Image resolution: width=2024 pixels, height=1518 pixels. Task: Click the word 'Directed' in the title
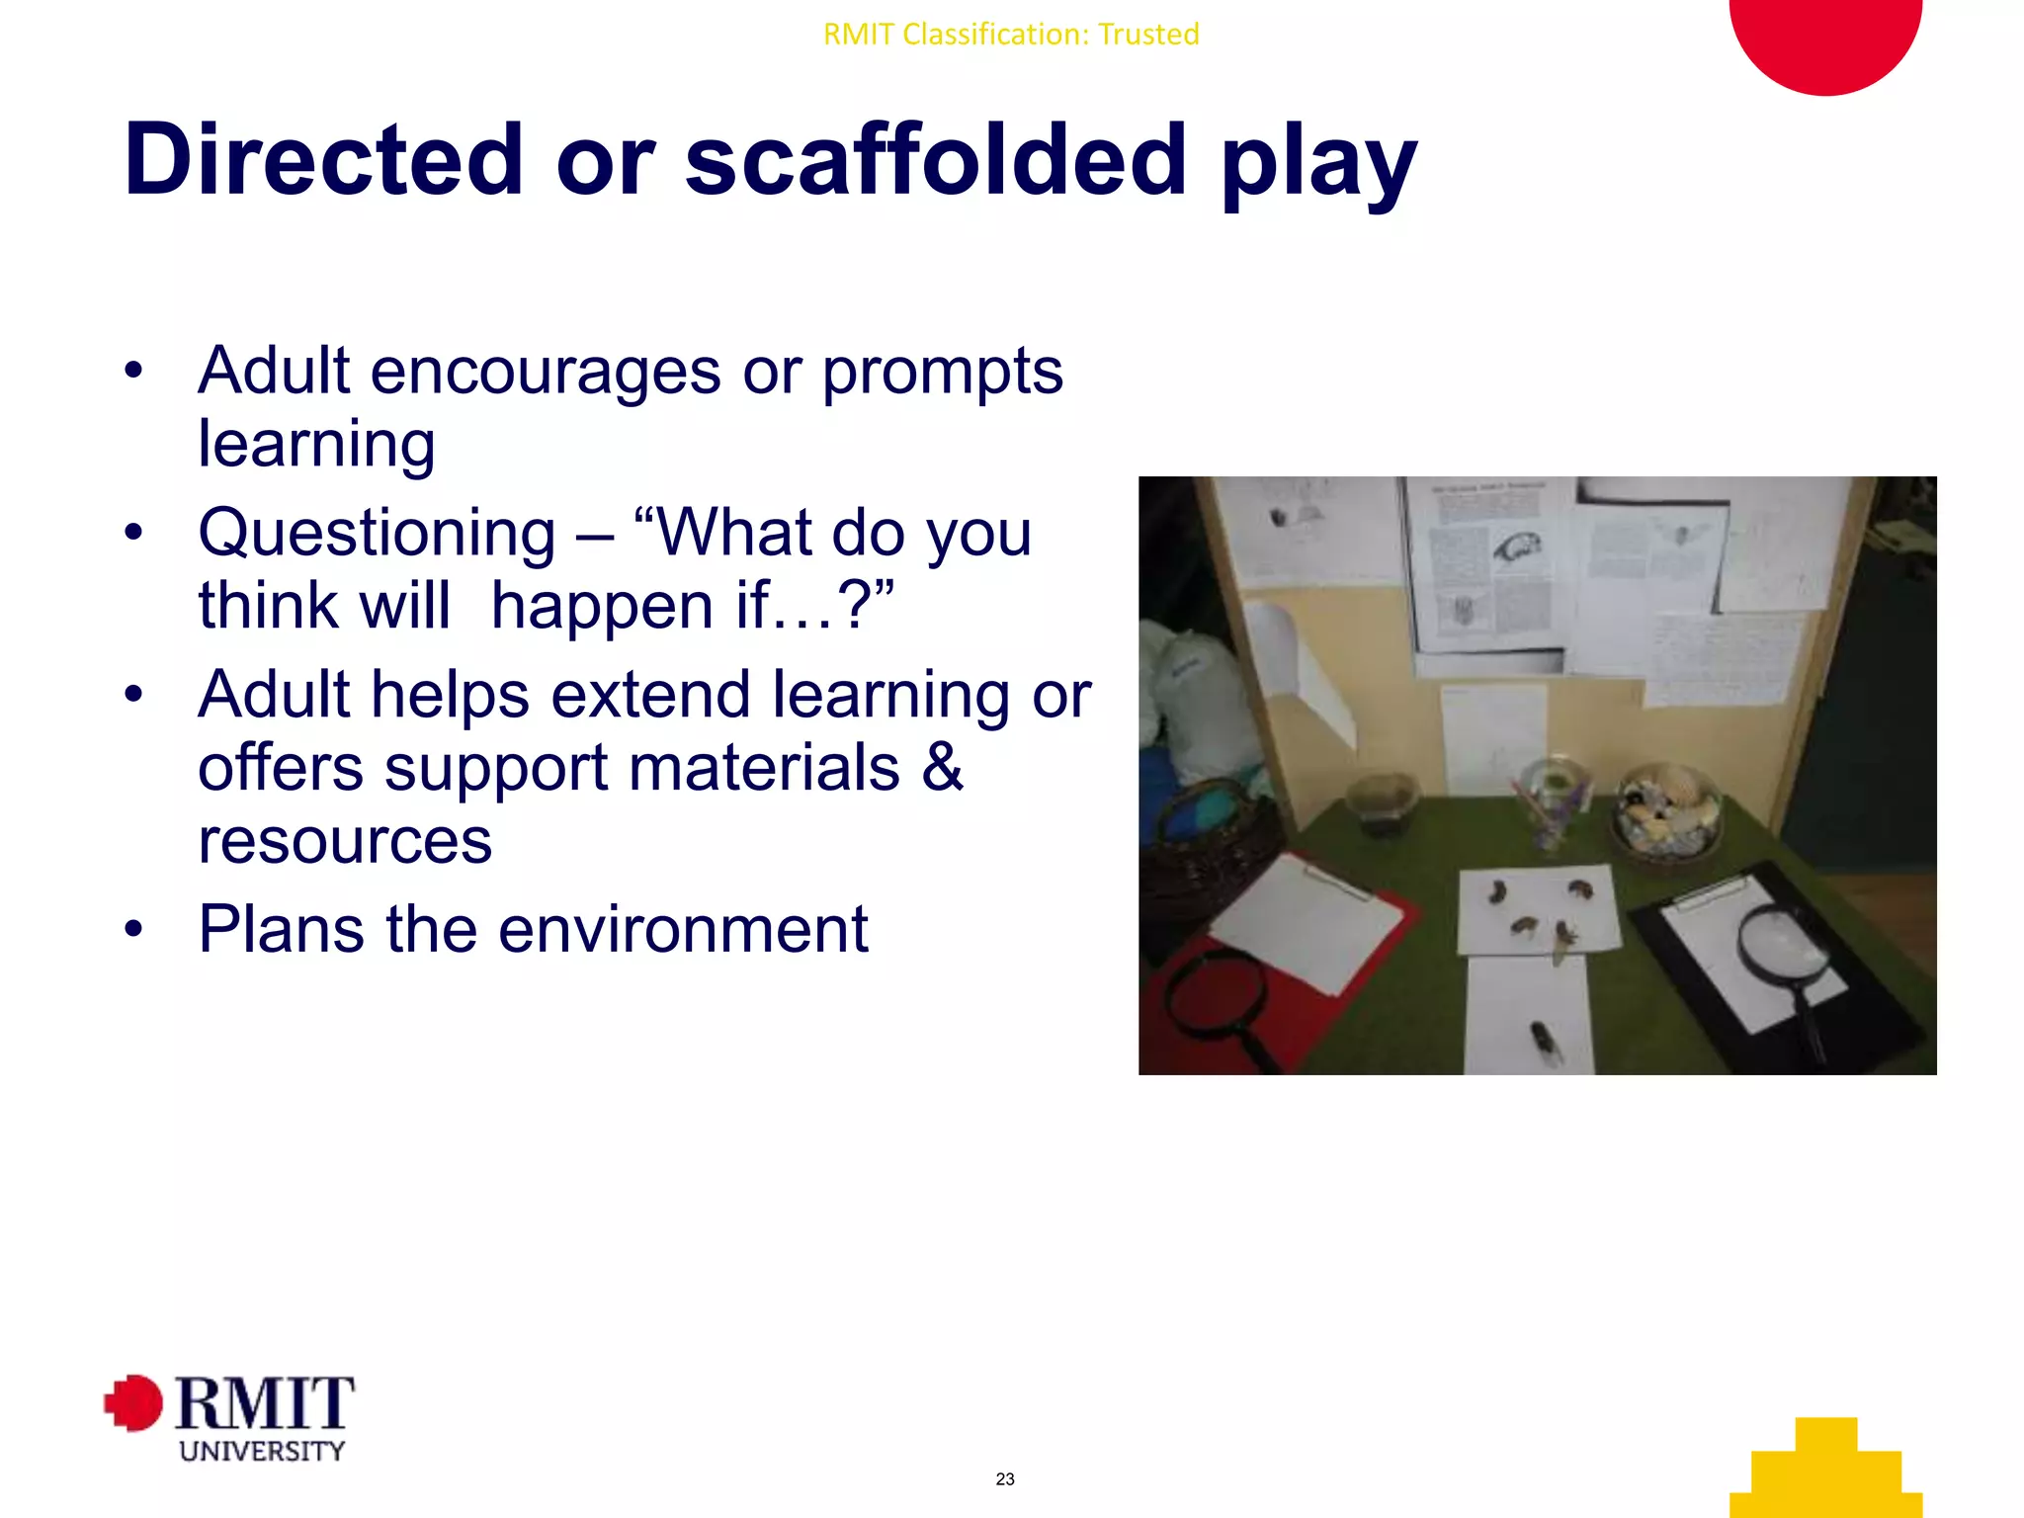pos(323,159)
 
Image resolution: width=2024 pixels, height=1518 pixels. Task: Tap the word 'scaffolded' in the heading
pos(935,159)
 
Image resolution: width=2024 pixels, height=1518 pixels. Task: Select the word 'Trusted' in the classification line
pos(1148,35)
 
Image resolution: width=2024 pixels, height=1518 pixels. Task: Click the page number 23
pos(1005,1479)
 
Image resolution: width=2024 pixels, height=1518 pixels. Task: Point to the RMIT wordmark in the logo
pos(265,1403)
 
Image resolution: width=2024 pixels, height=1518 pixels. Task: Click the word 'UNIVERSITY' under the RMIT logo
pos(262,1451)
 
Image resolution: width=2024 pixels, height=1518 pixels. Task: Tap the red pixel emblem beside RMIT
pos(133,1402)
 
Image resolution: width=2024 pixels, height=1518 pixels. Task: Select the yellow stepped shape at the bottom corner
pos(1826,1473)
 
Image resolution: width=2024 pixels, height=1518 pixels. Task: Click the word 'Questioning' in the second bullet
pos(377,533)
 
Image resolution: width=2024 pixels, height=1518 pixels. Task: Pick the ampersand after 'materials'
pos(942,768)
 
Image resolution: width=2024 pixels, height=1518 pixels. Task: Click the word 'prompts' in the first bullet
pos(942,372)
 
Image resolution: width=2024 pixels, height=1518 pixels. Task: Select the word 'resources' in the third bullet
pos(345,841)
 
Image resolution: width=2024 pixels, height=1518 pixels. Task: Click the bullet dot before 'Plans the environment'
pos(134,930)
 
